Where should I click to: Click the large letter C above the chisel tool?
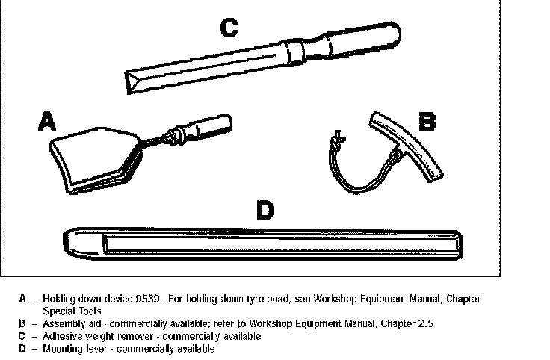229,28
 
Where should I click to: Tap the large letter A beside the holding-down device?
47,120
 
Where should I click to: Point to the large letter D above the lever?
264,211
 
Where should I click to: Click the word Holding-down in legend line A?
68,299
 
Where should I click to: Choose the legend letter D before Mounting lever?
23,349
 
